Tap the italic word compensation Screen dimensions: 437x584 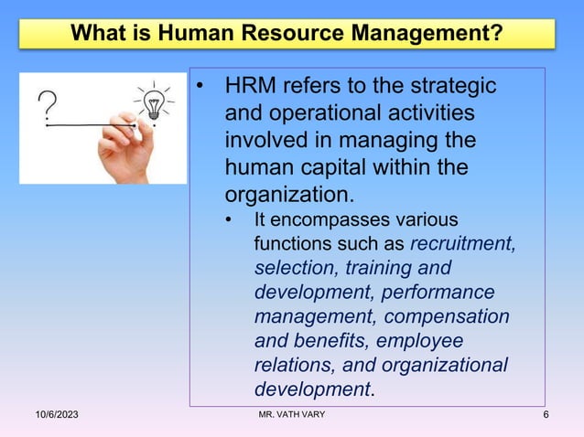[x=448, y=317]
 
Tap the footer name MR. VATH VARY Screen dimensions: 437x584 [x=292, y=416]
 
